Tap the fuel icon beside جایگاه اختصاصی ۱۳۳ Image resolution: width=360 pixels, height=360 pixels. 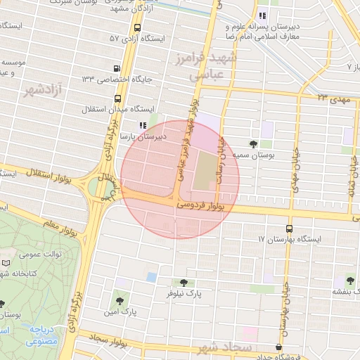(116, 69)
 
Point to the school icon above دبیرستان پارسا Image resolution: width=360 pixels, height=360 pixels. (143, 125)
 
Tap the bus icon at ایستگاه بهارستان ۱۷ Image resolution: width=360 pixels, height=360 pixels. (289, 229)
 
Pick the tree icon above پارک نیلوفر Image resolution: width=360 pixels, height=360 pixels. (184, 283)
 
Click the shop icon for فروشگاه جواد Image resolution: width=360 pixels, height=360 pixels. (279, 347)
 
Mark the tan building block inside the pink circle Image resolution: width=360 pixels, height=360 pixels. (202, 169)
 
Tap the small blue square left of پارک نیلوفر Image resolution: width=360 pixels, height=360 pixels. (152, 277)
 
